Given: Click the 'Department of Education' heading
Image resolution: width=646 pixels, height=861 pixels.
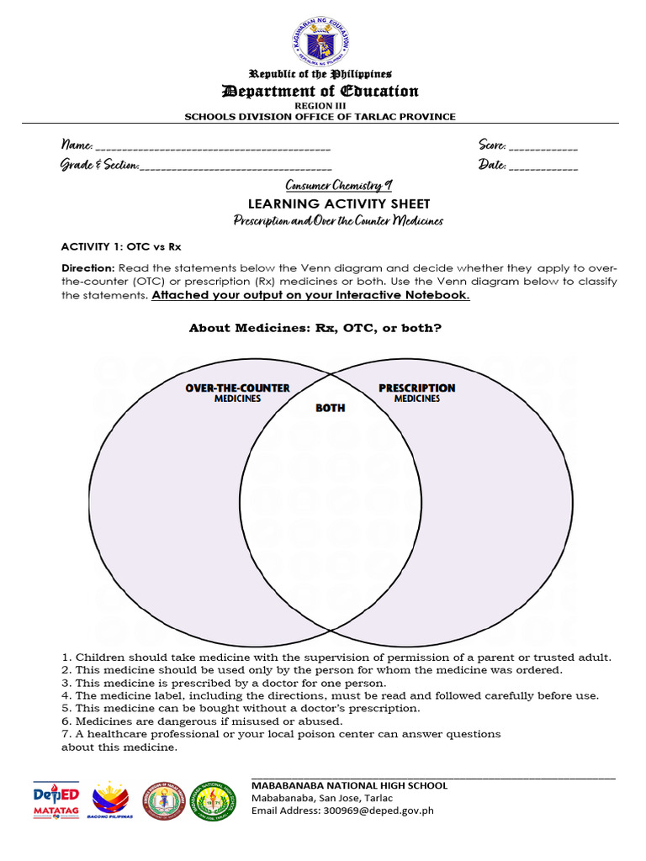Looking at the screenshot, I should [x=320, y=91].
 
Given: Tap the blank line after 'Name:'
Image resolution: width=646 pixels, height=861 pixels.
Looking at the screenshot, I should [x=214, y=148].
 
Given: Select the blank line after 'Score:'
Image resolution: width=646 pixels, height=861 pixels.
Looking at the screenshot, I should [x=543, y=148].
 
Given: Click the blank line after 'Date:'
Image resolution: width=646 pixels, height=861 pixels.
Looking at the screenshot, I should [x=543, y=167].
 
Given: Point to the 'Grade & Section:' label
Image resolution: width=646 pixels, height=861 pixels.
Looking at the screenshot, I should [x=99, y=165].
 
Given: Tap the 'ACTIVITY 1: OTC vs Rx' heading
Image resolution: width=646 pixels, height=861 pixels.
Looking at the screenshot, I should [x=121, y=247].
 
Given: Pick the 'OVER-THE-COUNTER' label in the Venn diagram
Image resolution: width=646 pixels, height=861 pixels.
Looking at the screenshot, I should [x=237, y=388].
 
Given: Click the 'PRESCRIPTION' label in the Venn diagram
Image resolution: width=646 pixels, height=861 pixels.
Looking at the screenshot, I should [x=417, y=388].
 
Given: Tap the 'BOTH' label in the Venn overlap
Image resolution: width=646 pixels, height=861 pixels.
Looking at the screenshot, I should [x=330, y=408].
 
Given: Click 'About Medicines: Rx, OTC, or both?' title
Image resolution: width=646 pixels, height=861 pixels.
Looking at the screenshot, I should [x=326, y=328].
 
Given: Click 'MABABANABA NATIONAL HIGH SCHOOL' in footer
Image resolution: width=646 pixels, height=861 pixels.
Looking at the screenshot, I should [x=349, y=785].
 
